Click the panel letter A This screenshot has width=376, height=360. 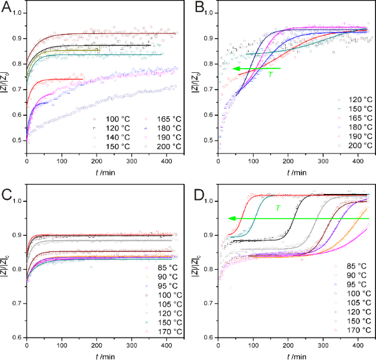coord(8,8)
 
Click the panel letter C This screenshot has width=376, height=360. coord(8,193)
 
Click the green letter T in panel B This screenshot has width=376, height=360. coord(270,75)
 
